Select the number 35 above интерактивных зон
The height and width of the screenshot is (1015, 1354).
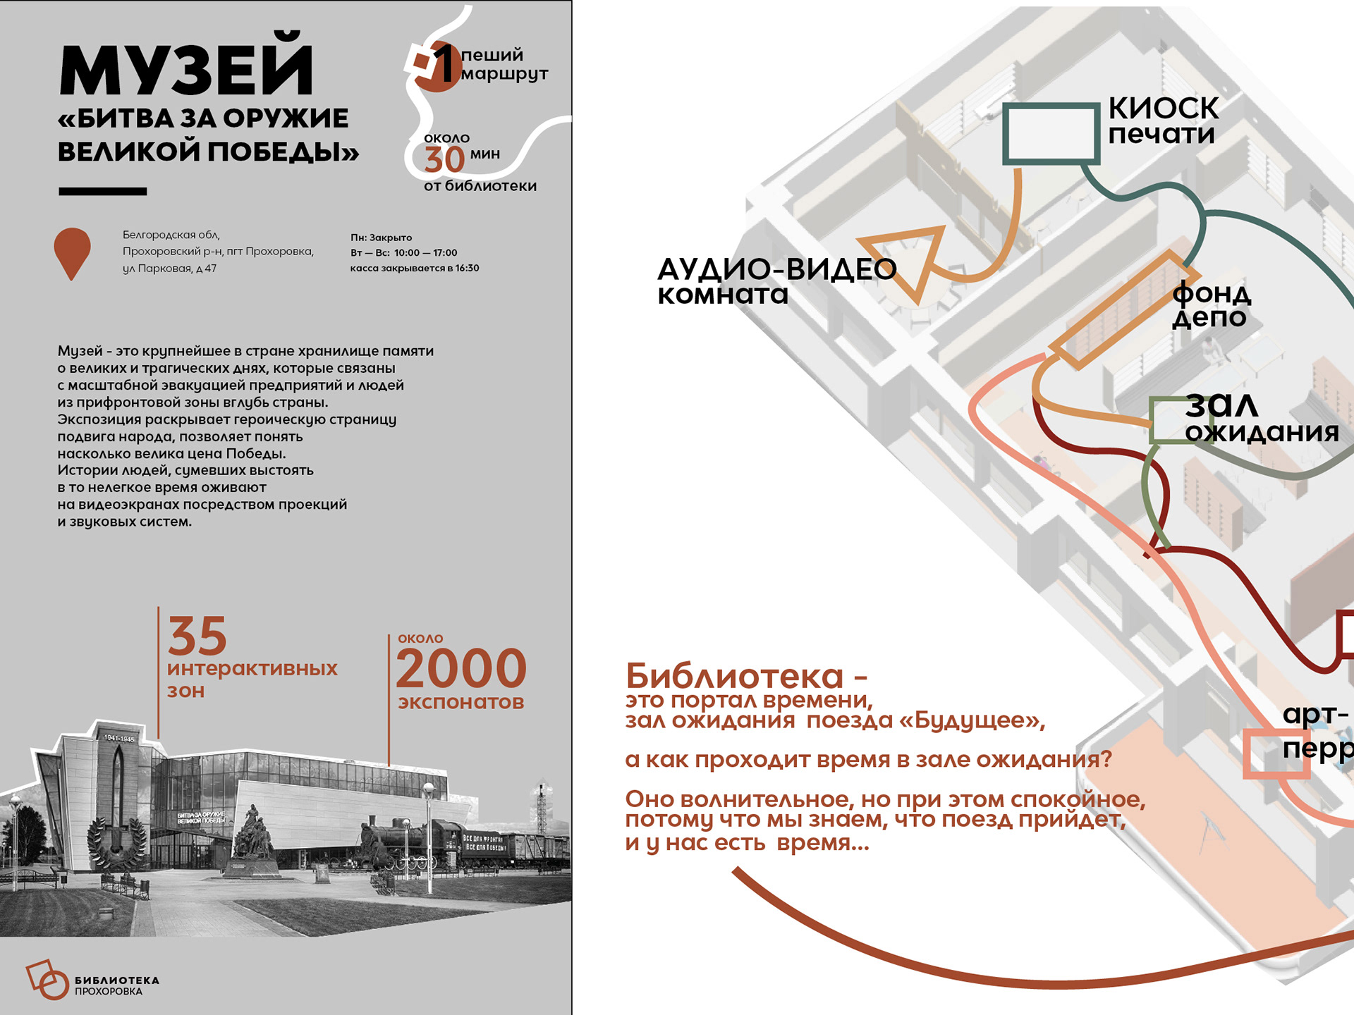[197, 636]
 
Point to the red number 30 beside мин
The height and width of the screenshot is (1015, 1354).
[444, 159]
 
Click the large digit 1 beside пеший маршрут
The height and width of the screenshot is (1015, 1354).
[443, 63]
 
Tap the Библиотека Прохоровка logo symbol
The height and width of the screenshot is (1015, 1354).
[47, 979]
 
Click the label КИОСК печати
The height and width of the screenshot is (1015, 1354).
[1163, 121]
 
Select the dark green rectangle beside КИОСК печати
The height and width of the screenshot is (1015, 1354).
[1051, 133]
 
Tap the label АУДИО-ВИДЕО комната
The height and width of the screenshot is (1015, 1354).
[776, 281]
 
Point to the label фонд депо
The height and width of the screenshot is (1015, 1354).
[1211, 304]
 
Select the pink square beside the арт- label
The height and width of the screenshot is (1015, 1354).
[1275, 754]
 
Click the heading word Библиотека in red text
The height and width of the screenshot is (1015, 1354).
[735, 676]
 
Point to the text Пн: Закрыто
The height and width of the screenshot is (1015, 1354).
[381, 238]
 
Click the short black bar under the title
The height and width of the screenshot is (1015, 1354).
[103, 191]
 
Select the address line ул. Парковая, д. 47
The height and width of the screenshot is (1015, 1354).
[169, 269]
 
